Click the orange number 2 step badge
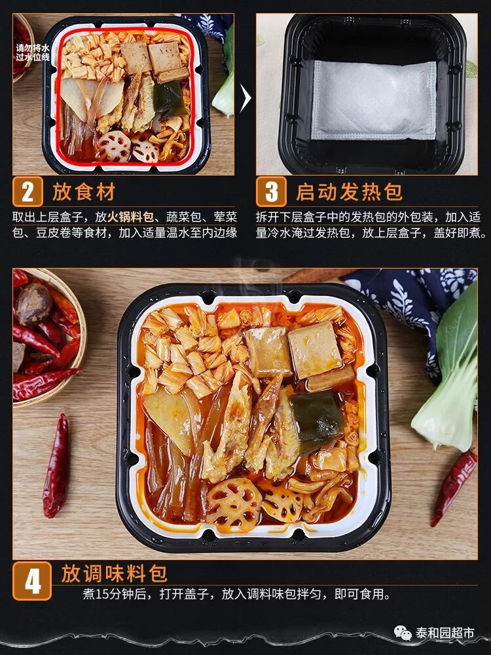pos(27,191)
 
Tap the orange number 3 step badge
pos(272,191)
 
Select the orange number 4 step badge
pos(32,580)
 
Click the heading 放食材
pos(84,192)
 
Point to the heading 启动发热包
pos(349,192)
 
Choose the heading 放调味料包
pos(114,573)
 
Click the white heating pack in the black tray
pos(374,100)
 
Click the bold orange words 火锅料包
pos(131,217)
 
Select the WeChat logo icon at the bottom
pos(403,633)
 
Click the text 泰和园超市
pos(445,633)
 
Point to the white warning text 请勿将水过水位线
pos(33,52)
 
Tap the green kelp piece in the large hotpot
pos(318,420)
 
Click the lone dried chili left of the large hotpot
pos(56,466)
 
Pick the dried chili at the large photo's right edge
pos(454,487)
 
